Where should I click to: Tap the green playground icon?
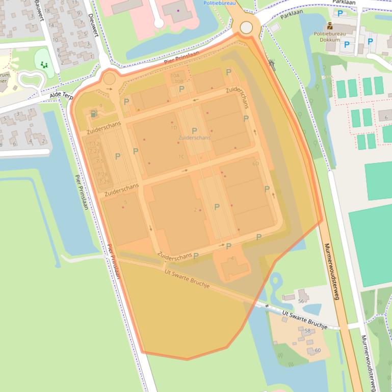(44, 65)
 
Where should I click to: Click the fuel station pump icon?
(93, 114)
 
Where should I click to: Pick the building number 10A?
(175, 75)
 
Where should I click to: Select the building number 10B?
(178, 81)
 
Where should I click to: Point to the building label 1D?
(174, 128)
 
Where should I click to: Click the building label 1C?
(181, 157)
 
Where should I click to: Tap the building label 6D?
(255, 164)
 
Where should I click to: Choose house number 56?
(301, 301)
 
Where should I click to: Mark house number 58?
(307, 331)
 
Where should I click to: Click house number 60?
(318, 350)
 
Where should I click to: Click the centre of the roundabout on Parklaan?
(246, 27)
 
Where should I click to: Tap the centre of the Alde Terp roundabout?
(110, 79)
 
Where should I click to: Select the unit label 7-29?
(104, 182)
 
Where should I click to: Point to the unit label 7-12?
(95, 145)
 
